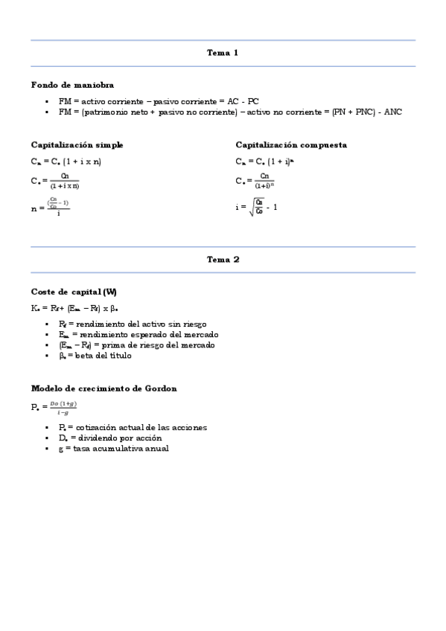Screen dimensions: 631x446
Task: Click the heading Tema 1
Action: [x=223, y=53]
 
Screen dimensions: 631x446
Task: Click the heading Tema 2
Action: [x=223, y=260]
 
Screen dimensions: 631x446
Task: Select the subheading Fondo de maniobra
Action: [x=72, y=85]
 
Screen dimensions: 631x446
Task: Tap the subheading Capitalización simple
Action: [x=77, y=144]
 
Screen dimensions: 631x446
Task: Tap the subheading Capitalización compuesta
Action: [x=291, y=144]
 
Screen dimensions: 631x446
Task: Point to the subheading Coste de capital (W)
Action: [x=74, y=291]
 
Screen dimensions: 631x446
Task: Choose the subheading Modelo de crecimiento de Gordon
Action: [x=103, y=388]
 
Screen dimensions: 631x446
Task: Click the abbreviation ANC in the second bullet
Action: [x=393, y=112]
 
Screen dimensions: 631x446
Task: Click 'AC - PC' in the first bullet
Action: [x=243, y=100]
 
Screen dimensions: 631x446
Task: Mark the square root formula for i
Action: [x=257, y=206]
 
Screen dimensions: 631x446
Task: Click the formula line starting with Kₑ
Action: [x=74, y=307]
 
